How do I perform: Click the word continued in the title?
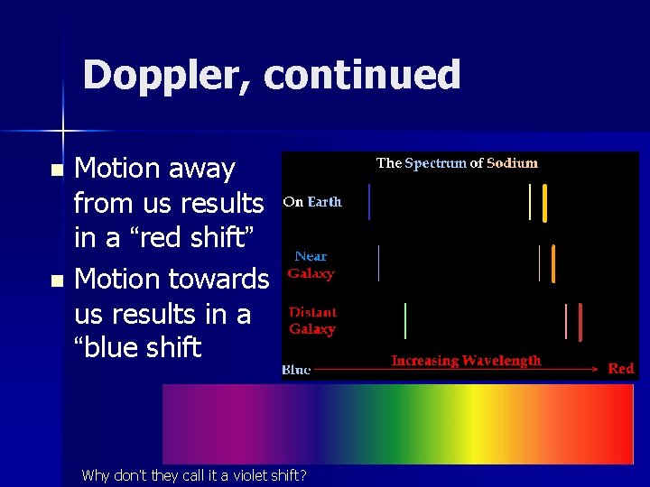(363, 76)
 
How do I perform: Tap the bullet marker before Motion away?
(57, 170)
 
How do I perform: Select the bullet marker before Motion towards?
(57, 281)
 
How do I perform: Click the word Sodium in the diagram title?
(512, 163)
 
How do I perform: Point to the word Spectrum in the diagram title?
(435, 163)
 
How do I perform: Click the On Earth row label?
(312, 202)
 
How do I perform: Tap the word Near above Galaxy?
(311, 257)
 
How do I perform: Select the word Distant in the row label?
(312, 312)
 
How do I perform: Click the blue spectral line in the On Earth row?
(369, 202)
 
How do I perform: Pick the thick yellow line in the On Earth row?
(544, 202)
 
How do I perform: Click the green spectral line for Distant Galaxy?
(405, 321)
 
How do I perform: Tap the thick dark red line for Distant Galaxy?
(580, 321)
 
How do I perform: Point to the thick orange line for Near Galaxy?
(552, 263)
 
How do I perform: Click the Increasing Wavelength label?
(466, 361)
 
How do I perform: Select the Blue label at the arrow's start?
(296, 370)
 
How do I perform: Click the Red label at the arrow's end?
(621, 369)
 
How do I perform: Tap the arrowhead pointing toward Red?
(595, 369)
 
